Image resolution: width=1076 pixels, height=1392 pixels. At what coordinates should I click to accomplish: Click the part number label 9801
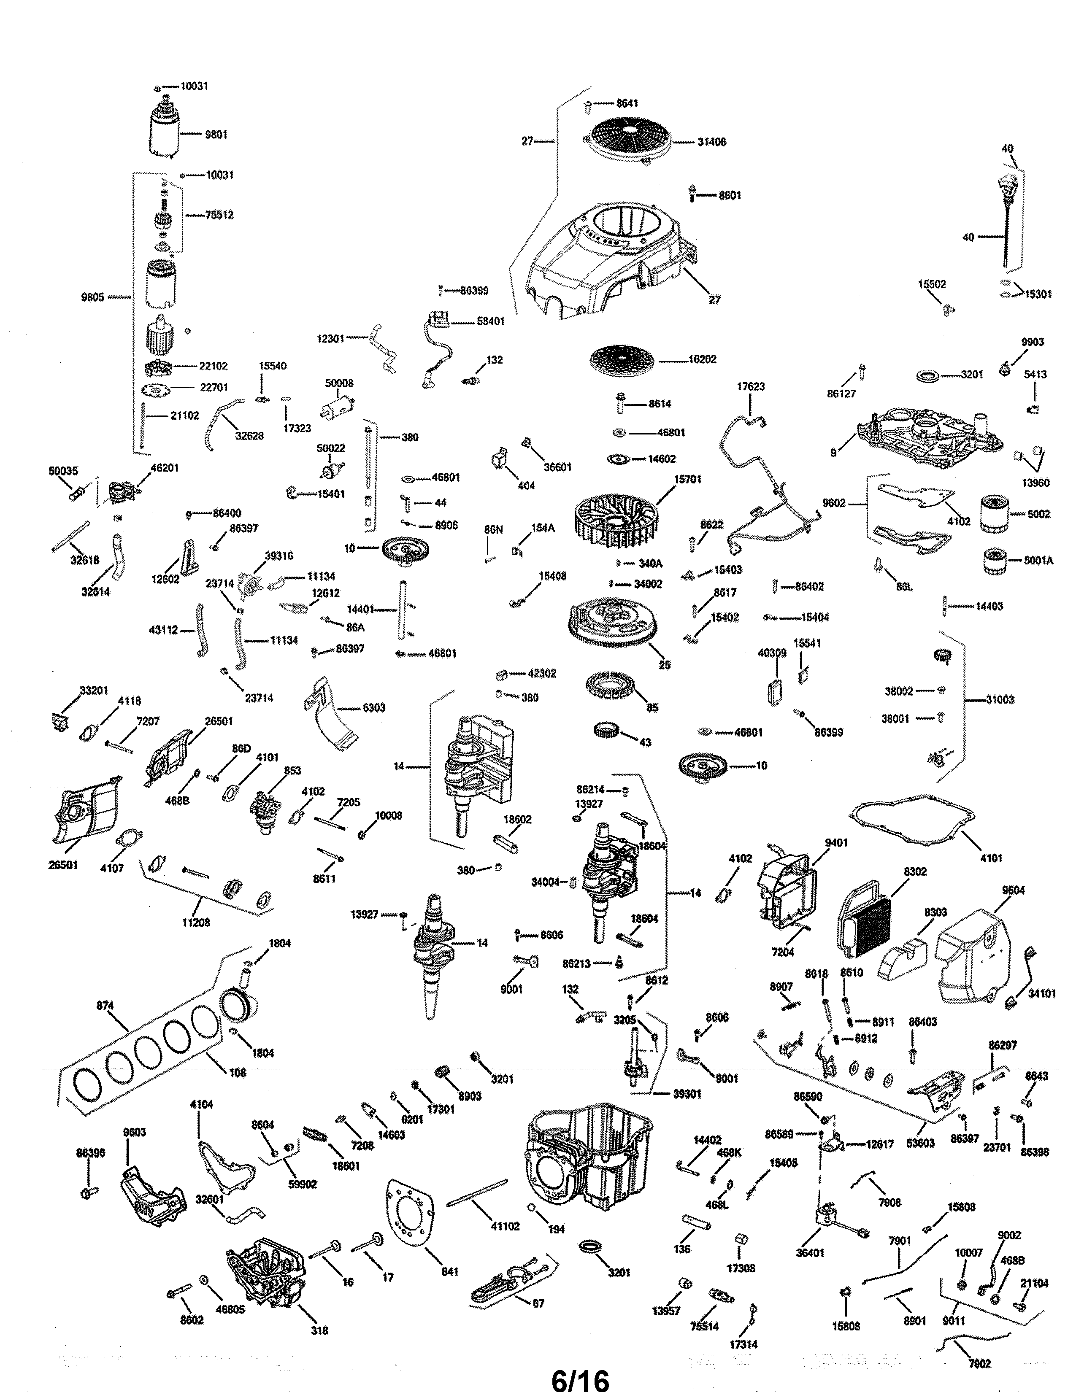tap(216, 135)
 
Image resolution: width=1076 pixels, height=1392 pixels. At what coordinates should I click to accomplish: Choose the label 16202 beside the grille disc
tap(702, 359)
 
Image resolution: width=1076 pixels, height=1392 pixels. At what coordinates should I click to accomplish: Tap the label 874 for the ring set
tap(105, 1006)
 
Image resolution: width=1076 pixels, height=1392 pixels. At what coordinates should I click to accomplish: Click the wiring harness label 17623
tap(750, 386)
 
